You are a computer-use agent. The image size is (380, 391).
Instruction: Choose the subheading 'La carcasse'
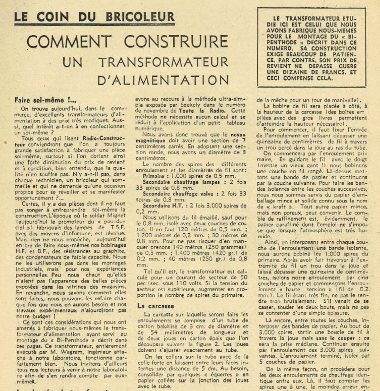pos(156,306)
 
